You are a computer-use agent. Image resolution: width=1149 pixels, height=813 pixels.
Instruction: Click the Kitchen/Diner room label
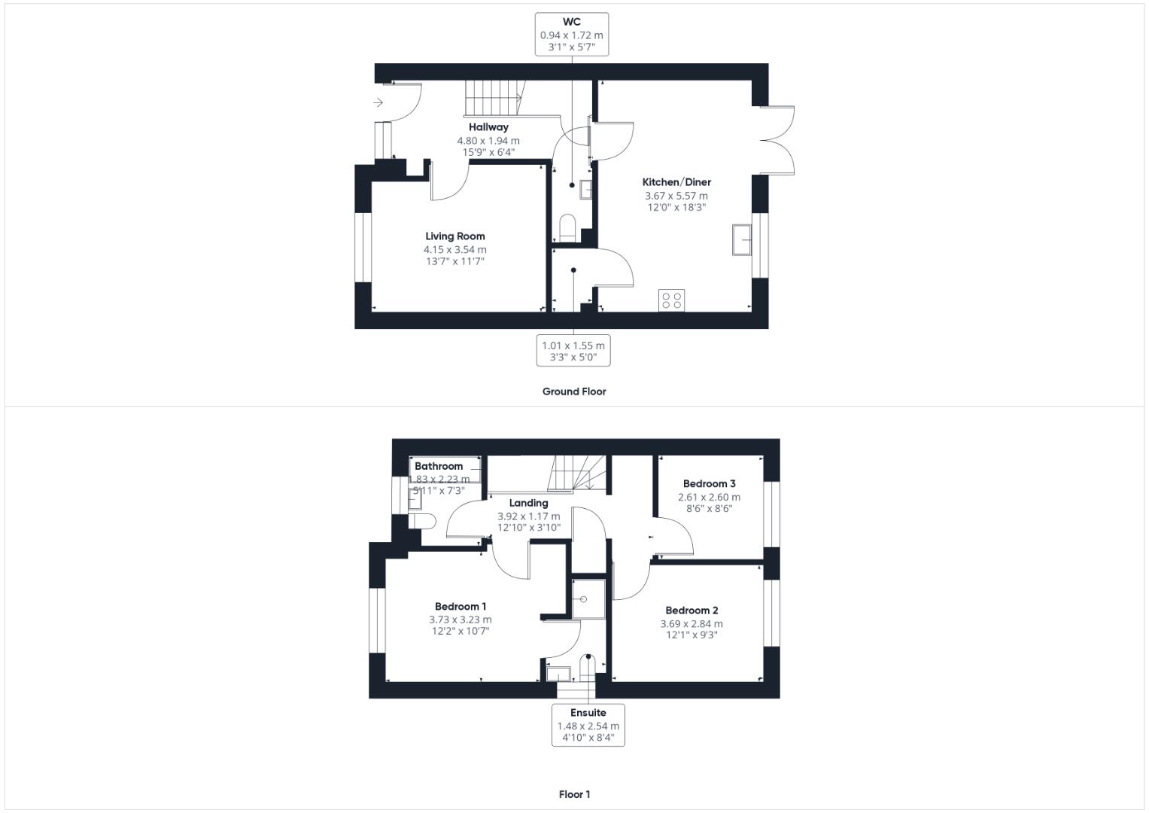(676, 182)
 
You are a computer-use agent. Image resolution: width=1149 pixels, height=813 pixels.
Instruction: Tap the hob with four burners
(671, 300)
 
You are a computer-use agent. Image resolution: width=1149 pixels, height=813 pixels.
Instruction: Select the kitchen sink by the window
(741, 240)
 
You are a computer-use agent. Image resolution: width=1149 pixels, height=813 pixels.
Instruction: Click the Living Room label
(454, 236)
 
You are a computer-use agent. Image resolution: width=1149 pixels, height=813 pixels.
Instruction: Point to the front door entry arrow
(378, 102)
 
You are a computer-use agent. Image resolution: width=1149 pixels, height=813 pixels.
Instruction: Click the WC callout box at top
(571, 34)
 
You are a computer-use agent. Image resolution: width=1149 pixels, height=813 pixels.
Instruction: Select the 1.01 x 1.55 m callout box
(573, 351)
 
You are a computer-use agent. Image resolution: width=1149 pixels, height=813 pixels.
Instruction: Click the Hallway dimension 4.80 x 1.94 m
(488, 141)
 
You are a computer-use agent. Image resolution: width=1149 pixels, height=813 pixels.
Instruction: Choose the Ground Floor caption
(574, 391)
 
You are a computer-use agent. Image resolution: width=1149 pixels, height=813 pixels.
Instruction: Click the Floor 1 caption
(574, 794)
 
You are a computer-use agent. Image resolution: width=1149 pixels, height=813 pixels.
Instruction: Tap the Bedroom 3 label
(709, 484)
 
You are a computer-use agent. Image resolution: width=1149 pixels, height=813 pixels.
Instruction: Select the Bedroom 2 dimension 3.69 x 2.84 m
(692, 624)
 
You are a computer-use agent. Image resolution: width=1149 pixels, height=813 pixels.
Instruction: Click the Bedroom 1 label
(461, 607)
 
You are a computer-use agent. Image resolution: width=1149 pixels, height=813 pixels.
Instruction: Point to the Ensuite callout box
(588, 724)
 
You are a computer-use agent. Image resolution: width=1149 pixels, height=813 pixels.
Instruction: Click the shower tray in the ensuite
(588, 598)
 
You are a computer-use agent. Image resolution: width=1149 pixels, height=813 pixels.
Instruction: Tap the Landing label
(528, 503)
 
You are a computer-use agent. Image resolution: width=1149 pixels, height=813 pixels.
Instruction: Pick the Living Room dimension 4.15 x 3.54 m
(454, 250)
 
